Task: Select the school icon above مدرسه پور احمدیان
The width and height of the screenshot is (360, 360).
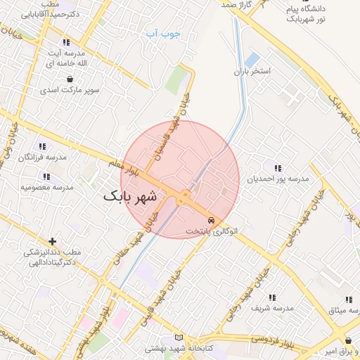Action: pyautogui.click(x=278, y=168)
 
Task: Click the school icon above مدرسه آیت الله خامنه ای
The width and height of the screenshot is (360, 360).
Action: pyautogui.click(x=66, y=42)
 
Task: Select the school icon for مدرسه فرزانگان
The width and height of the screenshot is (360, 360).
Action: pyautogui.click(x=42, y=146)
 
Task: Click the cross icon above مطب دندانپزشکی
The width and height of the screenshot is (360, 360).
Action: pyautogui.click(x=52, y=241)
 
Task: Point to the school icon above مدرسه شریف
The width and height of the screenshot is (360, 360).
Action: pyautogui.click(x=272, y=297)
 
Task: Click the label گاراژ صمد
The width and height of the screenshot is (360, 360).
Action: pyautogui.click(x=235, y=5)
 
